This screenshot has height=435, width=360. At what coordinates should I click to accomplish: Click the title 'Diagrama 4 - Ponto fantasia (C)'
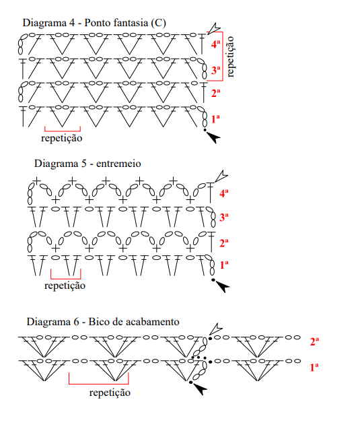click(94, 23)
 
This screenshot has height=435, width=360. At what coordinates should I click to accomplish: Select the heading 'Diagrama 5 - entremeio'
click(87, 164)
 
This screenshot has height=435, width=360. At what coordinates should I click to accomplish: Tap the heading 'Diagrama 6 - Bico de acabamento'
click(103, 322)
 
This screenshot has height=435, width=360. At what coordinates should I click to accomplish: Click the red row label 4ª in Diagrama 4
click(215, 44)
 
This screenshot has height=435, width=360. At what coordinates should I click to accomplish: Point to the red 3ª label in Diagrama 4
click(215, 70)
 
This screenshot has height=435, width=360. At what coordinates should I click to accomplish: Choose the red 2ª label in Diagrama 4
click(215, 93)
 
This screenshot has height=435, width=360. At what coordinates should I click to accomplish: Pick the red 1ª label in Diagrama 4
click(215, 119)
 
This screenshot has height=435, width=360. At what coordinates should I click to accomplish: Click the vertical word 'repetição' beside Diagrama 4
click(230, 57)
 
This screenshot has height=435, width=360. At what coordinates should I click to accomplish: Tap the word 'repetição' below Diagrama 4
click(61, 138)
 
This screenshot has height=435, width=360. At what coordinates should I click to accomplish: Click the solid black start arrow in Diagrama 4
click(214, 137)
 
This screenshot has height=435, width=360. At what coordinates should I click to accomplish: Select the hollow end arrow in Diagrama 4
click(214, 28)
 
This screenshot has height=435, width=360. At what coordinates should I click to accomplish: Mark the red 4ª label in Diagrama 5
click(224, 193)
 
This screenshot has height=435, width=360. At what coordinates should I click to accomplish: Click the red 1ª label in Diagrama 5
click(224, 265)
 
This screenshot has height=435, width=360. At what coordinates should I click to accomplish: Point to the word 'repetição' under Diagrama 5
click(65, 286)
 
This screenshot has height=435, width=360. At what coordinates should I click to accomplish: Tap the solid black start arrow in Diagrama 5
click(223, 287)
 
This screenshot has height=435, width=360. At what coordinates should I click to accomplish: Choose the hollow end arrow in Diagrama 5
click(221, 176)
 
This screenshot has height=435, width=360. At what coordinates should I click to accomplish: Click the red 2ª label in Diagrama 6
click(314, 341)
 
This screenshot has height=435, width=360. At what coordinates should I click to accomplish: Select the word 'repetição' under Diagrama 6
click(110, 393)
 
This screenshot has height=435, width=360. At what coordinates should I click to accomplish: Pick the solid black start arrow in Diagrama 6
click(200, 389)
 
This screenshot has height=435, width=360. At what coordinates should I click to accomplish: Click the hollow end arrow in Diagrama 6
click(216, 329)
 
